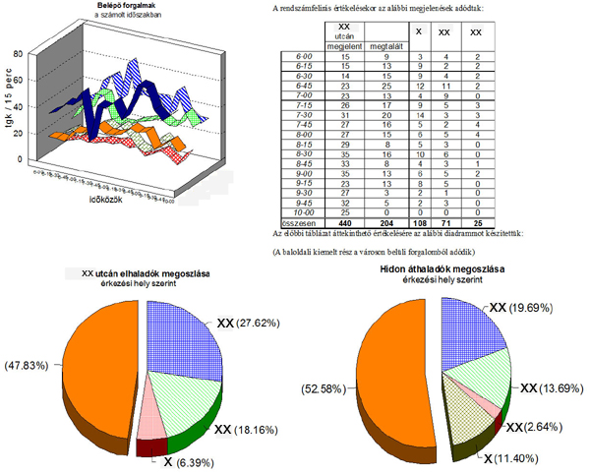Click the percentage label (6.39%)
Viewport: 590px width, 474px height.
pyautogui.click(x=189, y=461)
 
